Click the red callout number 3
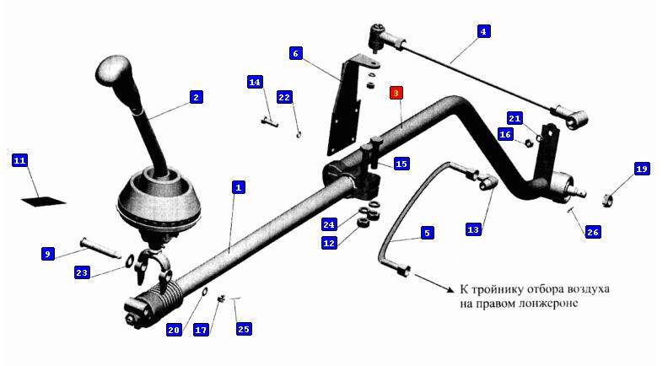[x=396, y=93]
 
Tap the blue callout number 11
[x=19, y=160]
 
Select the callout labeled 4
[x=483, y=31]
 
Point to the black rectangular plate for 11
[x=44, y=201]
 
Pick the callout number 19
[x=642, y=169]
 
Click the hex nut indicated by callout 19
[x=607, y=199]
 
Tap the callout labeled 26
[x=593, y=232]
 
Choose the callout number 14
[x=255, y=82]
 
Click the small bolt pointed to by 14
[x=269, y=121]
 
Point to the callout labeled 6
[x=296, y=53]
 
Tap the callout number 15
[x=401, y=164]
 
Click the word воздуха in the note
[x=588, y=289]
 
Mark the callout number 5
[x=427, y=233]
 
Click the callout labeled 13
[x=473, y=229]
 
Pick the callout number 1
[x=238, y=187]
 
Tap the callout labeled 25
[x=243, y=329]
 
